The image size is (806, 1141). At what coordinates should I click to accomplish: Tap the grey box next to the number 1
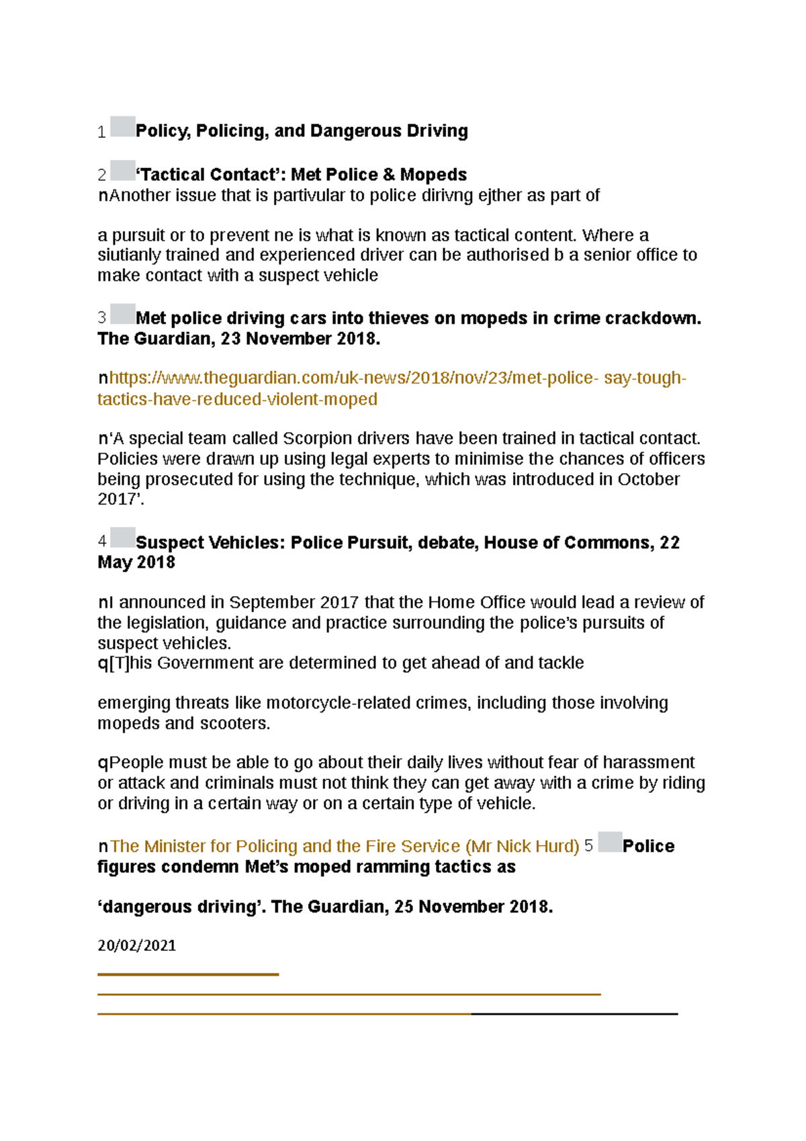point(123,127)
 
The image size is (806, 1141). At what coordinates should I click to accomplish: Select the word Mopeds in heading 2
point(433,175)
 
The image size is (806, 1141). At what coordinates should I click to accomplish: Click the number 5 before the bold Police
point(588,846)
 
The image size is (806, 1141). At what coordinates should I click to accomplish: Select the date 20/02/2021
point(137,945)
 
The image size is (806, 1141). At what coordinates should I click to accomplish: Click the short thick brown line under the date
point(188,974)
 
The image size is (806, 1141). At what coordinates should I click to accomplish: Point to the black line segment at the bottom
point(574,1013)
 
